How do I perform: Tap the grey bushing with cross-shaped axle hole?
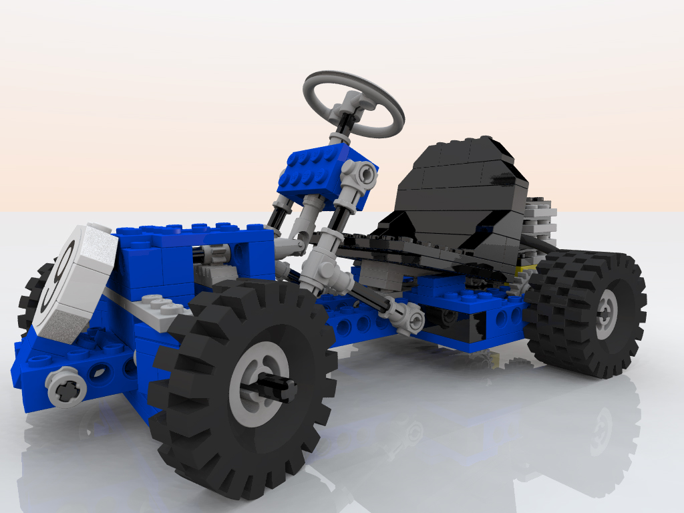(x=66, y=387)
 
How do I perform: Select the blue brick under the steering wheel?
(x=325, y=174)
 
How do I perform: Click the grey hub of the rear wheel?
(x=607, y=314)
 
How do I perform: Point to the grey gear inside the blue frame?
(x=217, y=253)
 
